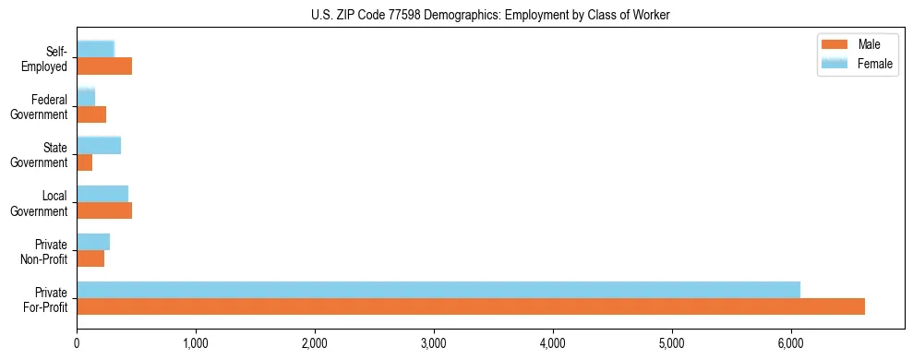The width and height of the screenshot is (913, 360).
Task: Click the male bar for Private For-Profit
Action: click(x=471, y=306)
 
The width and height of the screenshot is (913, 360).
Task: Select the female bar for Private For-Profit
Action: click(x=438, y=289)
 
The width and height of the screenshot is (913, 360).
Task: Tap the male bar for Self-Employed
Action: click(x=104, y=66)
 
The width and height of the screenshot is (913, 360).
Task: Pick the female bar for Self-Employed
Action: click(x=95, y=49)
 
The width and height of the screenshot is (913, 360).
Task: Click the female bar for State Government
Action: click(x=99, y=145)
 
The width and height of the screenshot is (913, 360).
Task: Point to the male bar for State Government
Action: click(x=85, y=162)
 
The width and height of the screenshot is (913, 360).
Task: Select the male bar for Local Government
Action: click(x=104, y=210)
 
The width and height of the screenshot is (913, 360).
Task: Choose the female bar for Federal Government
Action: click(x=86, y=97)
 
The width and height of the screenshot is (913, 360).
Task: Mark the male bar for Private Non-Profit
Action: click(x=90, y=258)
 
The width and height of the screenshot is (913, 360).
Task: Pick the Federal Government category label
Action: click(x=42, y=106)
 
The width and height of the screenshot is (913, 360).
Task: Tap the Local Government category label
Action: click(x=42, y=202)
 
